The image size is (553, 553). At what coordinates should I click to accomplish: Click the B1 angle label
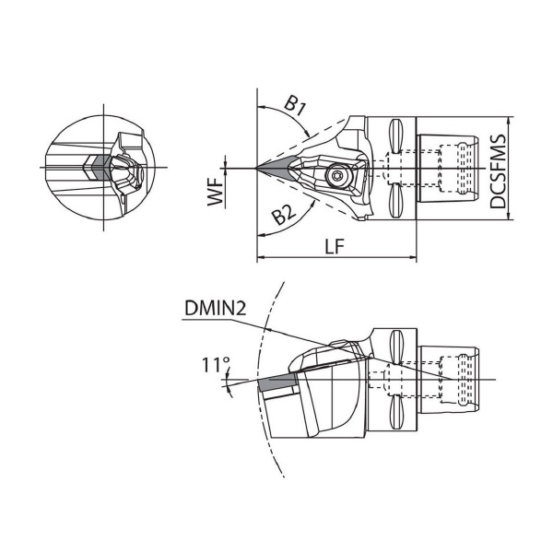pos(295,106)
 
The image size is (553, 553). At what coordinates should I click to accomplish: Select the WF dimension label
pos(216,194)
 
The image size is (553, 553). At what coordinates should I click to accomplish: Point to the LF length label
pos(334,246)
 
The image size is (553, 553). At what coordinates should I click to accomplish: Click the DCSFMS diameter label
pos(498,171)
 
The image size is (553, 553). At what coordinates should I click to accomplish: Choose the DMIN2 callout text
pos(215,309)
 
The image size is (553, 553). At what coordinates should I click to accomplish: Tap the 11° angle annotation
pos(216,365)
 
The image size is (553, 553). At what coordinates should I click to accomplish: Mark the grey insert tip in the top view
pos(274,169)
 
